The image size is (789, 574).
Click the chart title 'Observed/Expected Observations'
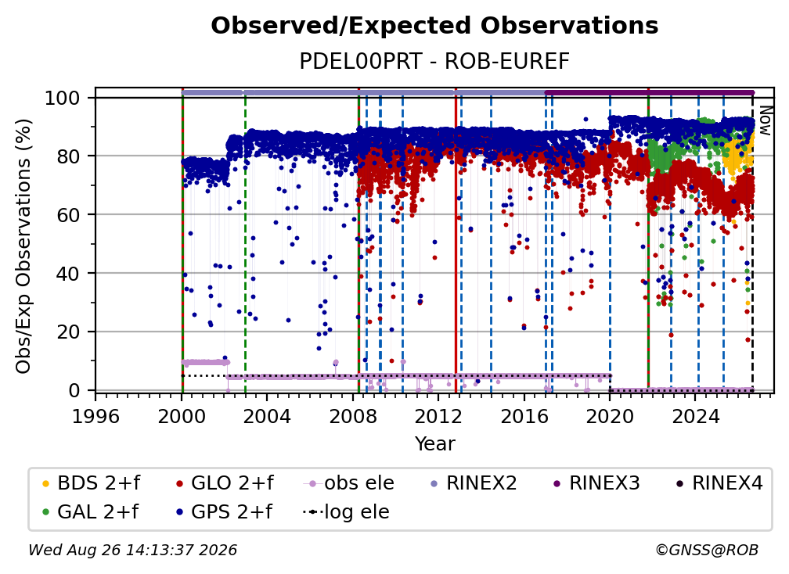coord(434,26)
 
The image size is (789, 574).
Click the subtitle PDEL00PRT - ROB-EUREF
coord(434,61)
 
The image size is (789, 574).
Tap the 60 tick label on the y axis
coord(68,214)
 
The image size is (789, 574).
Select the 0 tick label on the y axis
coord(74,390)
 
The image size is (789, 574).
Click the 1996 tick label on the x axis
coord(95,416)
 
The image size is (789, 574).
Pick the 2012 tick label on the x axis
coord(438,416)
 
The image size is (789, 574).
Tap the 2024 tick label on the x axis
coord(695,416)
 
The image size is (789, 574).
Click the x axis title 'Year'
coord(434,443)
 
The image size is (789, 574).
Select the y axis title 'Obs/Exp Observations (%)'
coord(23,246)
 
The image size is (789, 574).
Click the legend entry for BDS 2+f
coord(92,483)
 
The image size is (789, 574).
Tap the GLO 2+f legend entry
coord(225,483)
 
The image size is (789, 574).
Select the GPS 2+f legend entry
coord(225,511)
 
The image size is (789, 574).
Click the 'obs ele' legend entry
coord(349,483)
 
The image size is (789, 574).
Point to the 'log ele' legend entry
coord(346,511)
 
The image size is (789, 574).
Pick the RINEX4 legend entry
coord(719,483)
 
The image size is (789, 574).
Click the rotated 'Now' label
coord(765,120)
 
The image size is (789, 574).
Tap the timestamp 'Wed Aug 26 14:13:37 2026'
coord(132,550)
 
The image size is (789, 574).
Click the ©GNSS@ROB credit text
coord(707,550)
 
